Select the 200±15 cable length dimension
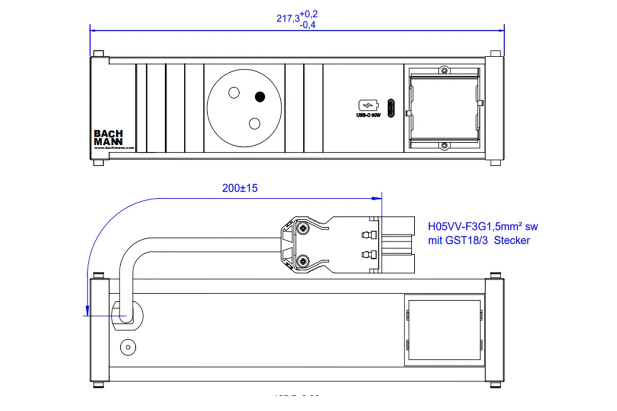click(240, 188)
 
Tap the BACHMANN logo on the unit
click(108, 137)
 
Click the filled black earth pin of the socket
click(260, 96)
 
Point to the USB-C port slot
click(391, 108)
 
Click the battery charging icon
click(368, 105)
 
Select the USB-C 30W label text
click(368, 115)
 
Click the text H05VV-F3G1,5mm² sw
click(483, 226)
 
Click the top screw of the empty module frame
click(445, 70)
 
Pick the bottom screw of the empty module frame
click(445, 146)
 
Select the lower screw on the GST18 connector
click(302, 261)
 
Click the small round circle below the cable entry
click(128, 347)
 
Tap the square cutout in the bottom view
click(444, 330)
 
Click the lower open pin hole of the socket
click(254, 124)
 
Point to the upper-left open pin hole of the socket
click(234, 93)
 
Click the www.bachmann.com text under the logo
click(114, 148)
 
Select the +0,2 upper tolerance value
click(308, 14)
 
